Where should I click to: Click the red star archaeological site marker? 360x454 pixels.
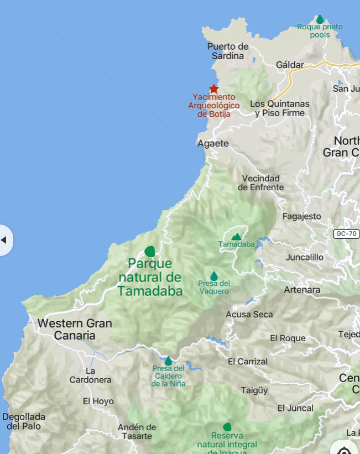pyautogui.click(x=213, y=88)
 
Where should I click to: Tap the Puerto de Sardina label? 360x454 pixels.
pyautogui.click(x=228, y=51)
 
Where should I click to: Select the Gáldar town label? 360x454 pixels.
pyautogui.click(x=290, y=65)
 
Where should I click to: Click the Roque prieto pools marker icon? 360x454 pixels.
pyautogui.click(x=320, y=19)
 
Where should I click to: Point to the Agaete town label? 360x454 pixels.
pyautogui.click(x=213, y=144)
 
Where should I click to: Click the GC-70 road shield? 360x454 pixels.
pyautogui.click(x=347, y=234)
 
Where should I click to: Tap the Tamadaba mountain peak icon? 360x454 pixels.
pyautogui.click(x=236, y=236)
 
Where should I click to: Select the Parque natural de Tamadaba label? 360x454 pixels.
pyautogui.click(x=150, y=278)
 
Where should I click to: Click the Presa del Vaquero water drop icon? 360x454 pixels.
pyautogui.click(x=214, y=275)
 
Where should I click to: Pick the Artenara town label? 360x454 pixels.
pyautogui.click(x=302, y=290)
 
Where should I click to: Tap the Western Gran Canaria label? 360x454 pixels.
pyautogui.click(x=75, y=330)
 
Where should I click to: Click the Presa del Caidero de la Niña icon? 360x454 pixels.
pyautogui.click(x=168, y=361)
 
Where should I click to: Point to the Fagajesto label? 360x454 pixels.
pyautogui.click(x=301, y=216)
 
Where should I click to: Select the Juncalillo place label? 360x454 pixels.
pyautogui.click(x=305, y=257)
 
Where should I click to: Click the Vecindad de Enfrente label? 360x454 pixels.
pyautogui.click(x=261, y=182)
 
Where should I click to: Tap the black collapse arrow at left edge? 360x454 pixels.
pyautogui.click(x=4, y=240)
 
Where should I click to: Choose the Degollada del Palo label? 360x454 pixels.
pyautogui.click(x=24, y=421)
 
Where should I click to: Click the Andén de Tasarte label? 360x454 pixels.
pyautogui.click(x=137, y=431)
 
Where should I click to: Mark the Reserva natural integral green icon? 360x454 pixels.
pyautogui.click(x=227, y=427)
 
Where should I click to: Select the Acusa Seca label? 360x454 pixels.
pyautogui.click(x=249, y=314)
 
